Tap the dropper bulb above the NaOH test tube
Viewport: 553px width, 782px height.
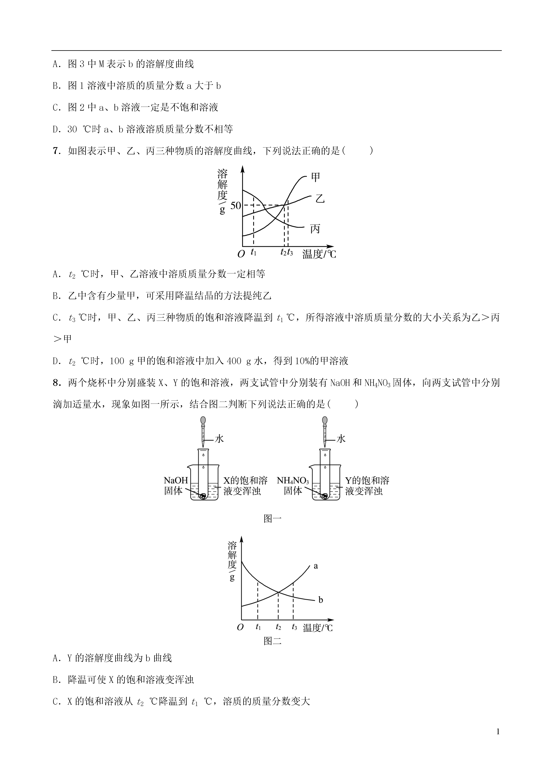pos(203,421)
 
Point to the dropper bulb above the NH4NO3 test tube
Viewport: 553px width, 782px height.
pos(325,421)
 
